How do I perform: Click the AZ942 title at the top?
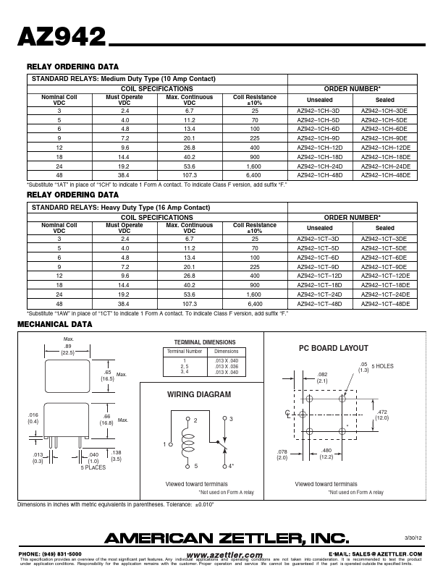click(61, 38)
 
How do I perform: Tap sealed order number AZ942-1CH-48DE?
click(384, 175)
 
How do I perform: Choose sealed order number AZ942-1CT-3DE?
click(384, 238)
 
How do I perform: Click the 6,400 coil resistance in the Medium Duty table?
click(253, 175)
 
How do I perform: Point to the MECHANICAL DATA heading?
click(55, 324)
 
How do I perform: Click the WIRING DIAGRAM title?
click(199, 395)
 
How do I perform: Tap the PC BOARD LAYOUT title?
click(334, 348)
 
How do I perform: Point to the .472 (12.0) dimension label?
click(382, 415)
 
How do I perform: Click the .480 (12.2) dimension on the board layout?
click(326, 454)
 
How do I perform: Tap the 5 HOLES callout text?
click(383, 367)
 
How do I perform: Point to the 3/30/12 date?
click(412, 538)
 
